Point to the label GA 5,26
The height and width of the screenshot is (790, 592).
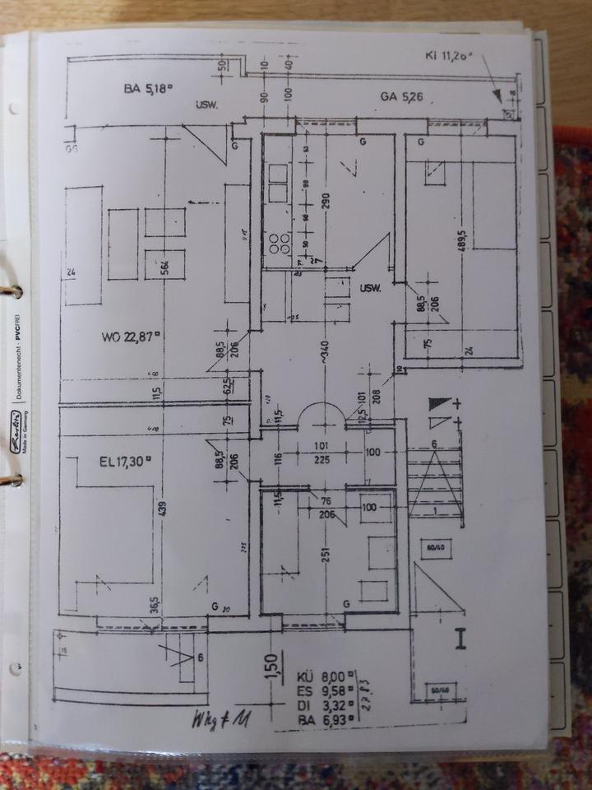401,97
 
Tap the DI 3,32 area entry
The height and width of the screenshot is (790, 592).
326,706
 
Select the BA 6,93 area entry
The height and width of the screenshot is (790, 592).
326,720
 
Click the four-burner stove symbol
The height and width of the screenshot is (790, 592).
279,241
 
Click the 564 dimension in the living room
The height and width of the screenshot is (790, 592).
165,270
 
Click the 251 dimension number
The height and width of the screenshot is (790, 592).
326,554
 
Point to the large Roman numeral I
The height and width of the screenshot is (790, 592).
461,638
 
